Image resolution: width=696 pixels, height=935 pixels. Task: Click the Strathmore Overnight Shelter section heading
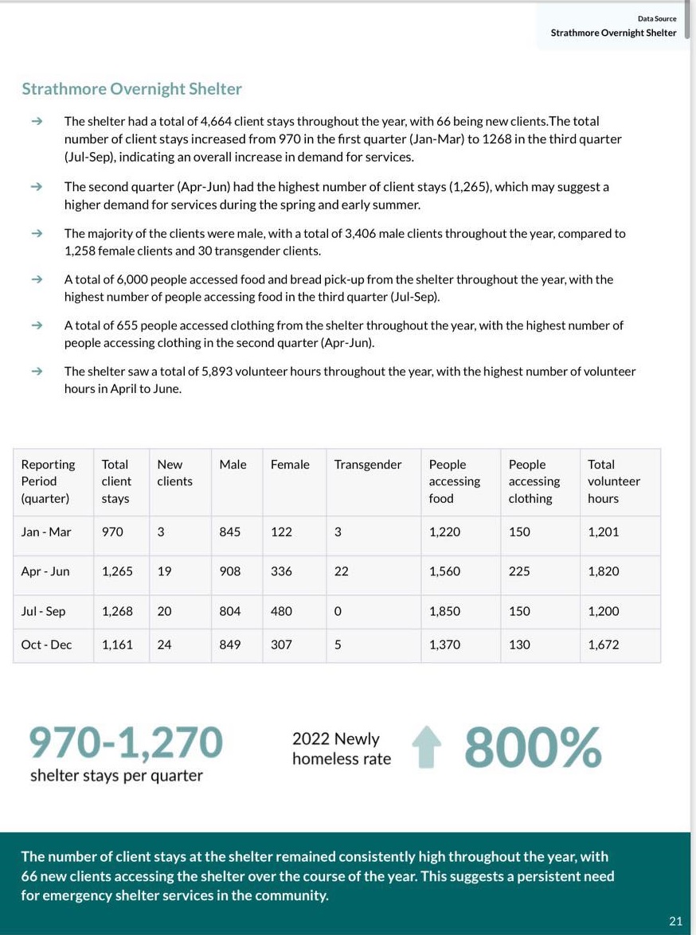pyautogui.click(x=131, y=89)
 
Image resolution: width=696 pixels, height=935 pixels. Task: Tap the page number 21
pyautogui.click(x=675, y=921)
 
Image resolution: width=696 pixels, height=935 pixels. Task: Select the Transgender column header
pyautogui.click(x=368, y=464)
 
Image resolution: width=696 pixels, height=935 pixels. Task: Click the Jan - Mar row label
pyautogui.click(x=46, y=532)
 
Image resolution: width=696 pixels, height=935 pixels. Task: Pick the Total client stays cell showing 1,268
pyautogui.click(x=117, y=611)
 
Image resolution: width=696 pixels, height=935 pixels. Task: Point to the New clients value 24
pyautogui.click(x=164, y=645)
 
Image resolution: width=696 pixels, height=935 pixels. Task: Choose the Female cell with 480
pyautogui.click(x=281, y=611)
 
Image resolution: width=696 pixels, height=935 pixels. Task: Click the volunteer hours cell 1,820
pyautogui.click(x=603, y=571)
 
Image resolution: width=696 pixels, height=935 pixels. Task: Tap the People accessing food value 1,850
pyautogui.click(x=444, y=611)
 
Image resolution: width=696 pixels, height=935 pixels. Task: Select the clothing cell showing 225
pyautogui.click(x=519, y=571)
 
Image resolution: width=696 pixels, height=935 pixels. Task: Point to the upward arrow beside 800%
pyautogui.click(x=426, y=748)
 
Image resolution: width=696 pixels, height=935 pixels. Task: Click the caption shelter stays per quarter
pyautogui.click(x=116, y=776)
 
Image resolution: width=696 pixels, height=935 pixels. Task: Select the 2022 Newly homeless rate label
pyautogui.click(x=342, y=749)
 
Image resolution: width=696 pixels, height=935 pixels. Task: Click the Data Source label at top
pyautogui.click(x=657, y=18)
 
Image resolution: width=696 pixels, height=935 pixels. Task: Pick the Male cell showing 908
pyautogui.click(x=230, y=571)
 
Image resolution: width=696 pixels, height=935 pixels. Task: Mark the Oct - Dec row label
pyautogui.click(x=46, y=645)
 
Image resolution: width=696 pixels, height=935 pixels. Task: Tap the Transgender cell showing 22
pyautogui.click(x=341, y=571)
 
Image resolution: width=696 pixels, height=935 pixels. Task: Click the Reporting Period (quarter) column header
pyautogui.click(x=48, y=481)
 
